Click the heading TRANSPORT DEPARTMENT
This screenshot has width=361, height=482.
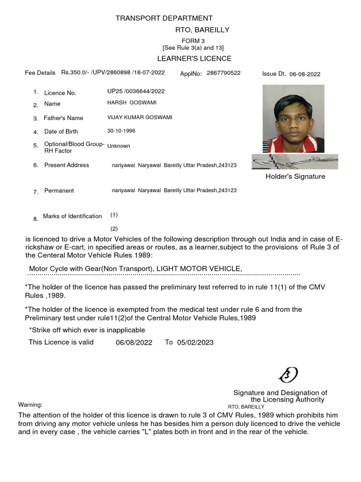click(164, 18)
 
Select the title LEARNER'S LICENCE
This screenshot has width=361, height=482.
click(194, 58)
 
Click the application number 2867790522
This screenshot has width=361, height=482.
click(223, 73)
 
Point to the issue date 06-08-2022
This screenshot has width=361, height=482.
click(305, 74)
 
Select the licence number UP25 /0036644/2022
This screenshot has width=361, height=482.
click(136, 91)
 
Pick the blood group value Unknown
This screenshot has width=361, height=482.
click(118, 146)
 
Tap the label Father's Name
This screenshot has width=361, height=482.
click(63, 118)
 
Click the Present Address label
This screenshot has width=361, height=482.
click(66, 165)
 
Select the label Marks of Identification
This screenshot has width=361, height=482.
click(72, 216)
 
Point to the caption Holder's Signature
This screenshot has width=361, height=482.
click(295, 177)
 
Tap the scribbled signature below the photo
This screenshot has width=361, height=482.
click(294, 161)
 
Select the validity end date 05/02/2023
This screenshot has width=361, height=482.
click(196, 343)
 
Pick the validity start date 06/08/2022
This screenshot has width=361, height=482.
click(134, 343)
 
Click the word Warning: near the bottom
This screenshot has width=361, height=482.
click(30, 405)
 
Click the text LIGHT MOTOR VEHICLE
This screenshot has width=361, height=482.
click(199, 268)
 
